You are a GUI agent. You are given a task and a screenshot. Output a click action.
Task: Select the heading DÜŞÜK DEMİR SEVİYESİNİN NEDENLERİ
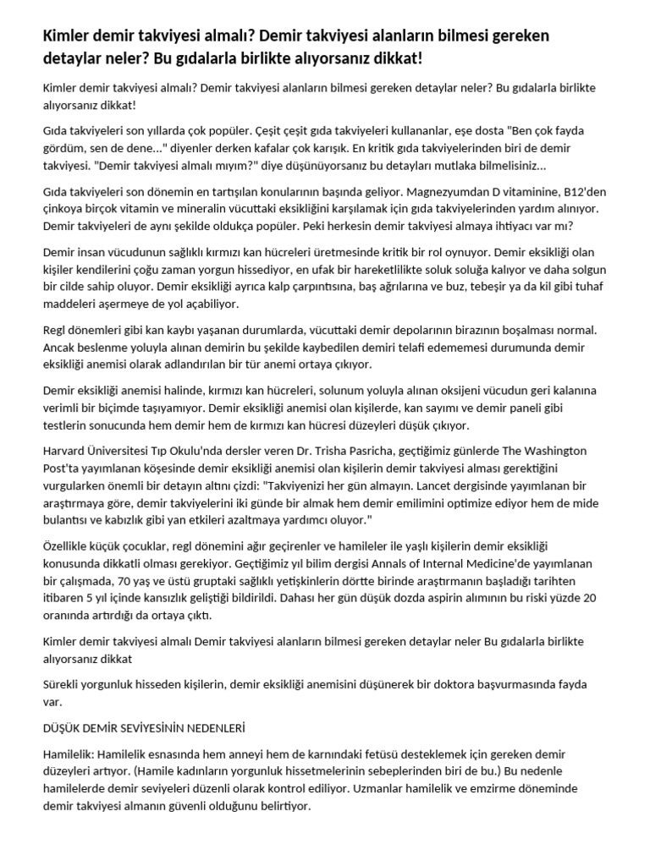coord(143,726)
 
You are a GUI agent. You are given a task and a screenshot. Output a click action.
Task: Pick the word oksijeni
coord(434,390)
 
